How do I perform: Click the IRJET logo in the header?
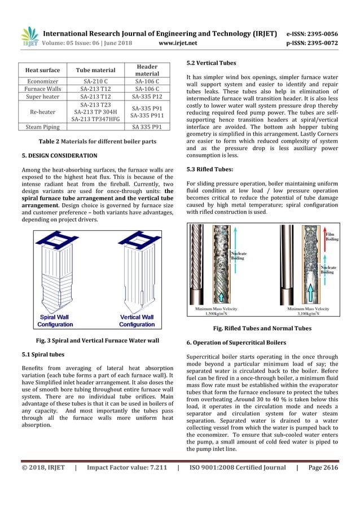click(x=29, y=37)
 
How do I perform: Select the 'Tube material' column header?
click(x=95, y=70)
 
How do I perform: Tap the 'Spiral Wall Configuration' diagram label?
click(x=55, y=321)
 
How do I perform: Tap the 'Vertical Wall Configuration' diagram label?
click(x=137, y=321)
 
